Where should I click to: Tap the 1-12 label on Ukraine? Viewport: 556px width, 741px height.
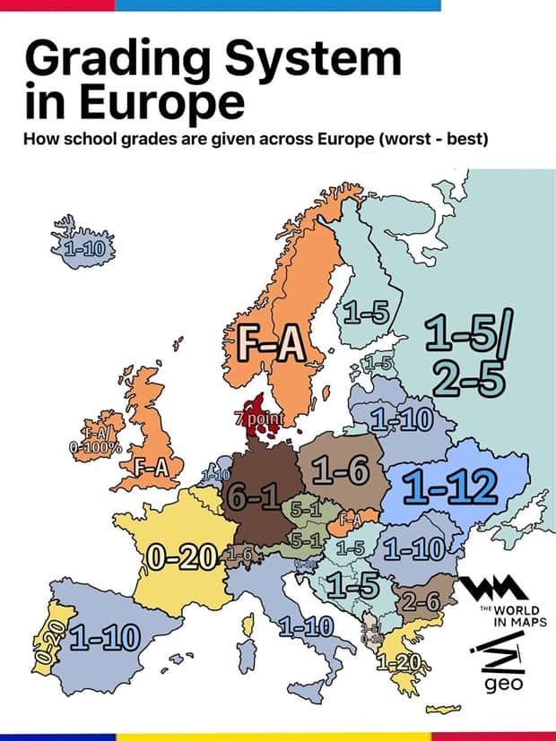(x=448, y=487)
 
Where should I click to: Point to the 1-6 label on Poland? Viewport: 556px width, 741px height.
(x=340, y=470)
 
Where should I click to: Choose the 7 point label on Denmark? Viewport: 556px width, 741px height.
(x=259, y=419)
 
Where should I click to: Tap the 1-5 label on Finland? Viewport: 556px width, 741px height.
(x=366, y=313)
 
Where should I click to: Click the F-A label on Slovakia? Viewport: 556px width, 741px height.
(x=351, y=519)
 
